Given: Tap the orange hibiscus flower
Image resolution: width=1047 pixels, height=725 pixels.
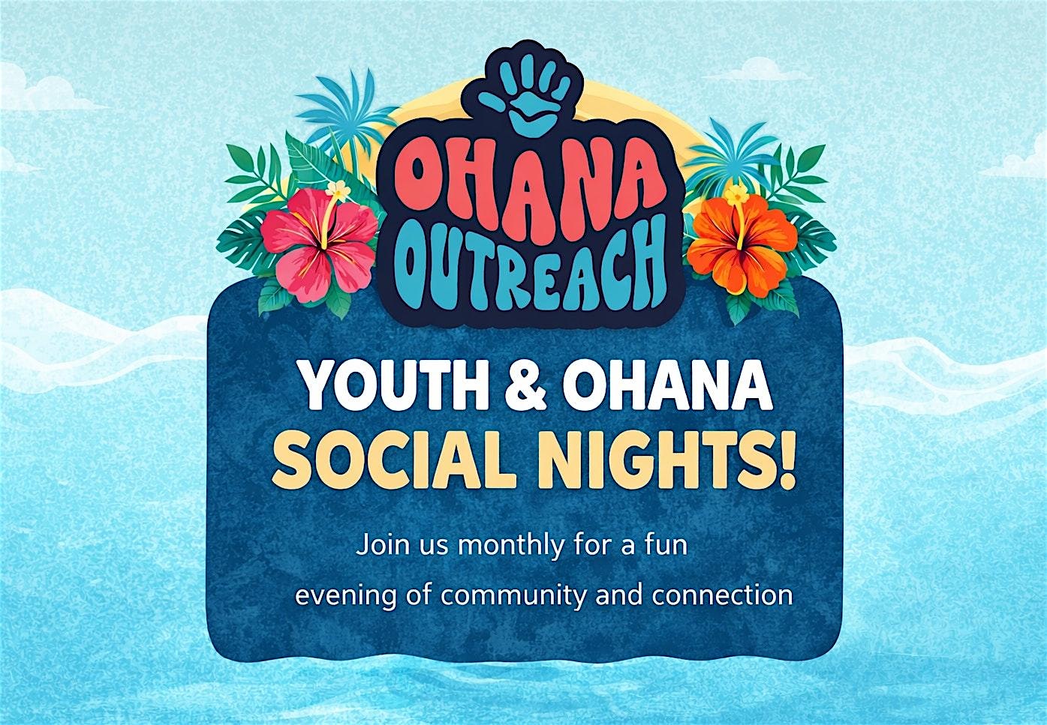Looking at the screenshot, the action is coord(742,245).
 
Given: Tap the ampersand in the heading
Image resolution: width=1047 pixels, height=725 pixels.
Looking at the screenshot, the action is coord(525,386).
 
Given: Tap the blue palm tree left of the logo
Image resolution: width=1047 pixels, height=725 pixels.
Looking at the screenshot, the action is coord(347,112).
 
